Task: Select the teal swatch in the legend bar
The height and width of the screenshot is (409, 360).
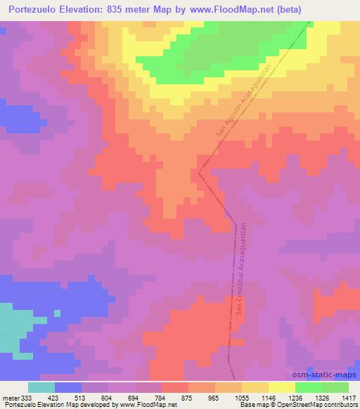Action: tap(41, 387)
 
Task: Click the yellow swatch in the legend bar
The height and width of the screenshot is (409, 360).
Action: tap(282, 387)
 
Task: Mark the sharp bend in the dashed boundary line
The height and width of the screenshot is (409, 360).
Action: tap(200, 171)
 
